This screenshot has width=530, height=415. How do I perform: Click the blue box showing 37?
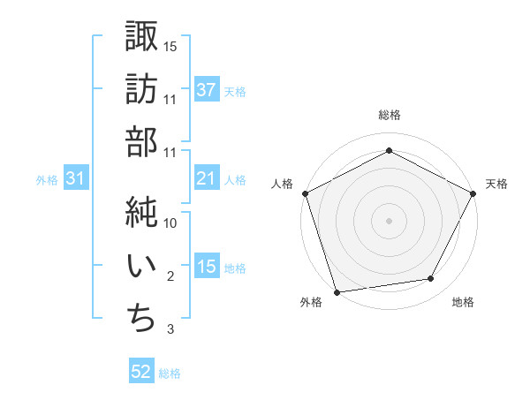pos(207,90)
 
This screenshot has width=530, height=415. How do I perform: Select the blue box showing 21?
pos(207,179)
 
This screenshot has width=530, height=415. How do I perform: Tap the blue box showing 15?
pos(207,268)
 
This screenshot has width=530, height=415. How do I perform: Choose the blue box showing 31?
pos(76,179)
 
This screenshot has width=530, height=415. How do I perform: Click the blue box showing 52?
pos(141,373)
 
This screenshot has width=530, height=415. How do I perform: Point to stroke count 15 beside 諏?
pos(171,46)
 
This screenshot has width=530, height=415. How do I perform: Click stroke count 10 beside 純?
pos(171,223)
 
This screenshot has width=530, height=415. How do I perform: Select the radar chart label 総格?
pos(390,115)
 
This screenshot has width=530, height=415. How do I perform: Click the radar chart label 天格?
pos(497,184)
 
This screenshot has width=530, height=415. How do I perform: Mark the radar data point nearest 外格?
pos(336,292)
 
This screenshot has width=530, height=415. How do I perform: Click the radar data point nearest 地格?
pos(431,279)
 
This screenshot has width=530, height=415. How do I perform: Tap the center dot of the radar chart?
pos(390,220)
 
